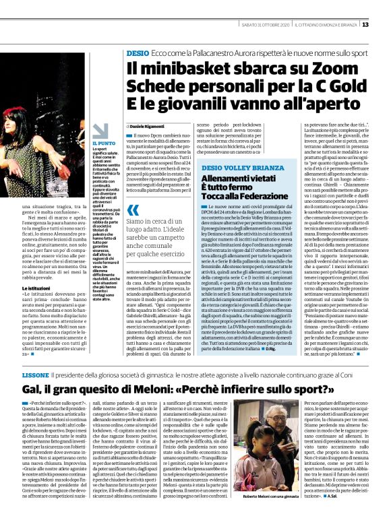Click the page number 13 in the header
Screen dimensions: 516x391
(384, 25)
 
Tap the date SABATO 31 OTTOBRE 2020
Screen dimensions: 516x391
(265, 25)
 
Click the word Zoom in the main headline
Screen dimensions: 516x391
(307, 67)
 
